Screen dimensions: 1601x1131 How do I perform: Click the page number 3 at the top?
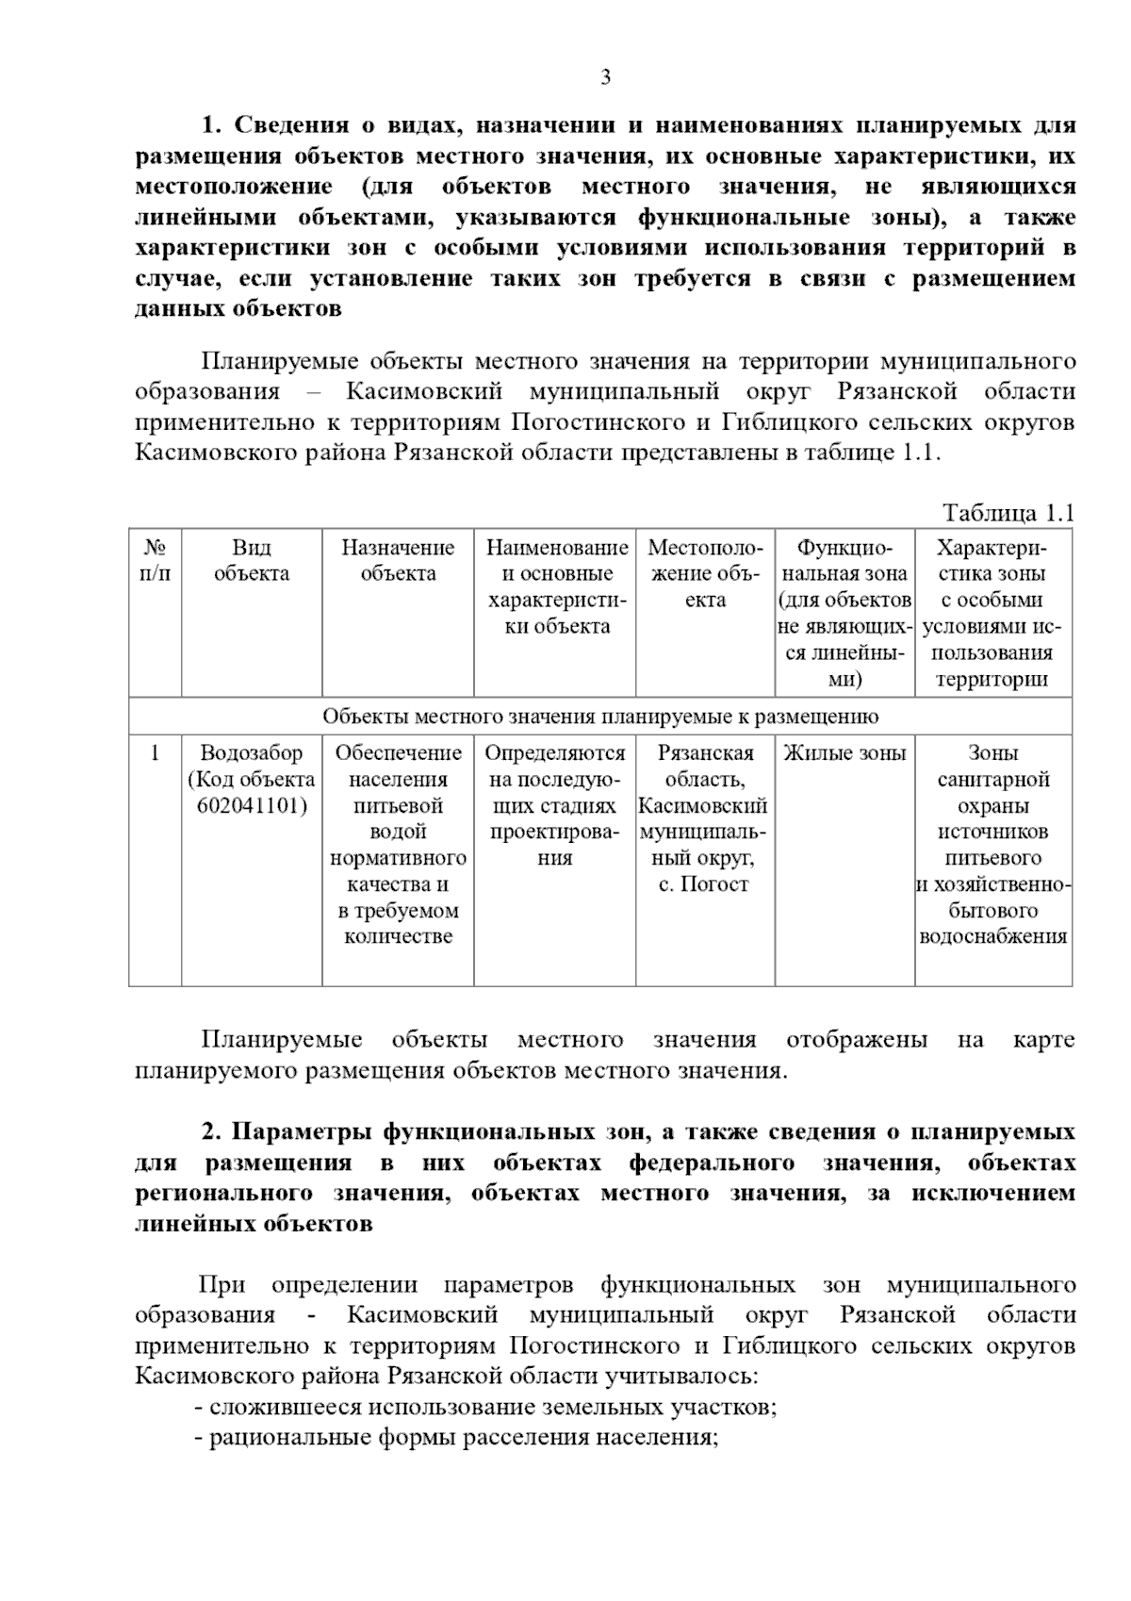[606, 77]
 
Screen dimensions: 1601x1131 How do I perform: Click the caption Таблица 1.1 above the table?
[1008, 514]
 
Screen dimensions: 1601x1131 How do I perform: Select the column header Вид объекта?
[251, 561]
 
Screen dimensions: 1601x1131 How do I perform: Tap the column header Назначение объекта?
[397, 561]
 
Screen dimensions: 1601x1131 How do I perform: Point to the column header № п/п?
[156, 561]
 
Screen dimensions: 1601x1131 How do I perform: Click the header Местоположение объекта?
[705, 574]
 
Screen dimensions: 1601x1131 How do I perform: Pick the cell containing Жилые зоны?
[844, 753]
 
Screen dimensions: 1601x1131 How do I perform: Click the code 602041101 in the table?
[253, 806]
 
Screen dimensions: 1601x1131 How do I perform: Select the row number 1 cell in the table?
[156, 753]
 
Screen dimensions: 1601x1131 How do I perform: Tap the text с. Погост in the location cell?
[704, 884]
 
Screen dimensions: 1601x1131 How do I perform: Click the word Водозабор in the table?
[252, 753]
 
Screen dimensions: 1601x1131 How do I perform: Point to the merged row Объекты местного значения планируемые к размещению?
[600, 717]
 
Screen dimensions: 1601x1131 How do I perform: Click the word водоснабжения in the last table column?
[992, 937]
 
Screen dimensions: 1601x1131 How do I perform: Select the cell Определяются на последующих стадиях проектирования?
[554, 806]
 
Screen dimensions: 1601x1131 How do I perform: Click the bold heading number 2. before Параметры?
[211, 1132]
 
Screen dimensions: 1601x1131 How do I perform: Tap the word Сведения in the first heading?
[285, 125]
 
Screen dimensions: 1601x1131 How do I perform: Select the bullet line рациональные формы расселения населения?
[457, 1438]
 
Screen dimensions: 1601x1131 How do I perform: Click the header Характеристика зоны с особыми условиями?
[992, 613]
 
